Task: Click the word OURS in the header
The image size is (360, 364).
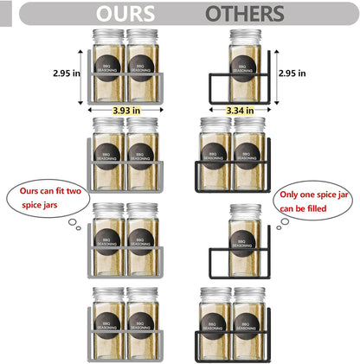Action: click(x=126, y=14)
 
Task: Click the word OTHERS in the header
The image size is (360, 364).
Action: click(x=245, y=14)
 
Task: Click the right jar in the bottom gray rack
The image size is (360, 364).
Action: click(x=143, y=320)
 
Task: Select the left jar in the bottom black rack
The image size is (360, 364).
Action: click(x=214, y=320)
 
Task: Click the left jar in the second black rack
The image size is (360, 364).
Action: click(x=214, y=151)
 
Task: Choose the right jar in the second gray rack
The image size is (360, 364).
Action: click(x=143, y=151)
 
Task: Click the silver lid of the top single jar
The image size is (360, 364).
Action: click(x=245, y=35)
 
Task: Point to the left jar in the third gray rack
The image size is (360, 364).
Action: click(x=109, y=235)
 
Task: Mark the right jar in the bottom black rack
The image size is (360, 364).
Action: click(x=249, y=320)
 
